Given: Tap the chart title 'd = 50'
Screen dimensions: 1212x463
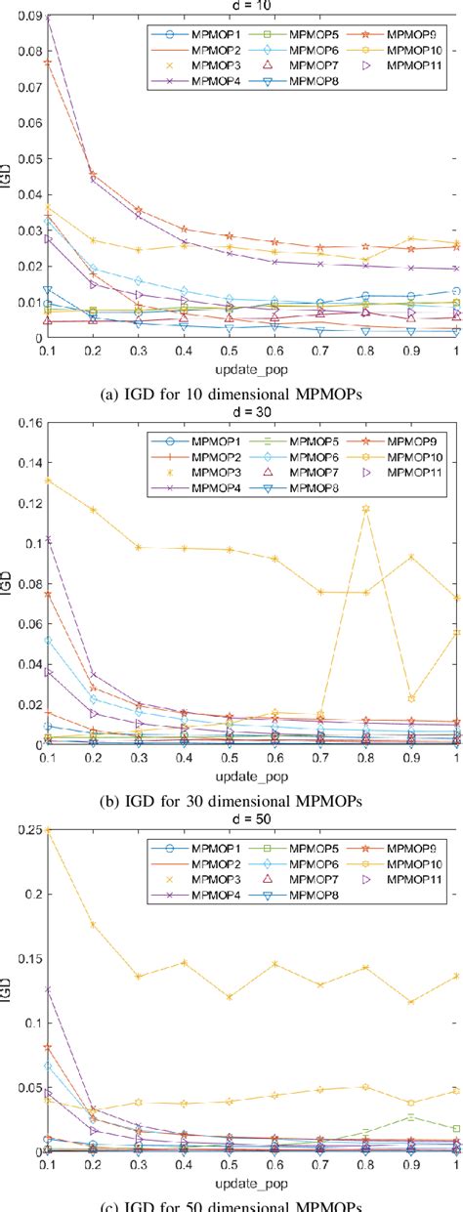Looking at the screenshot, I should [x=252, y=818].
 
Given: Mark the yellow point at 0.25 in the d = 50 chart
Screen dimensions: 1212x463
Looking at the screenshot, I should [x=46, y=830].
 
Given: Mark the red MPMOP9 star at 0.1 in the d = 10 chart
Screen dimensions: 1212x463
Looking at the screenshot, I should [x=46, y=62].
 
